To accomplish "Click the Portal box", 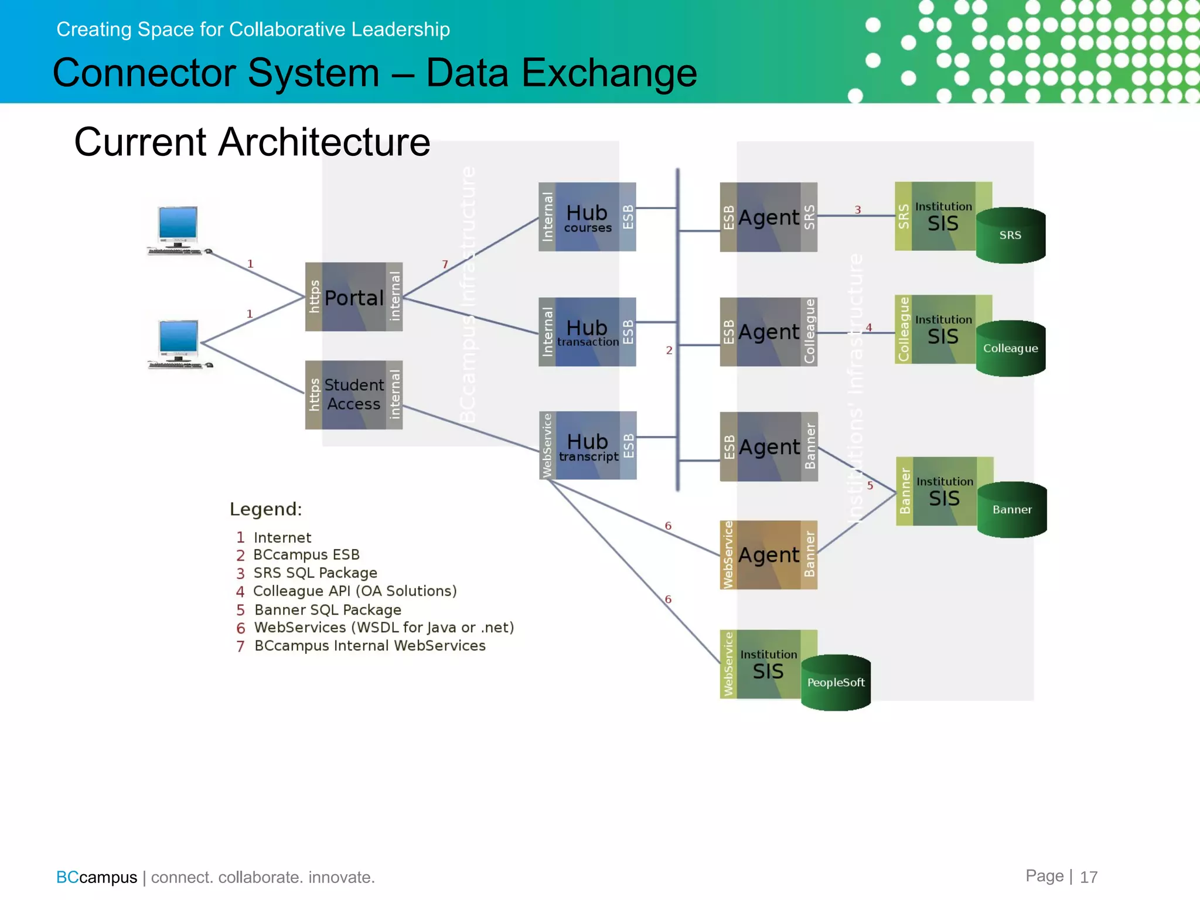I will (353, 297).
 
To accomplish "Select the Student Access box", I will (353, 394).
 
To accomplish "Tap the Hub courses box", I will (587, 217).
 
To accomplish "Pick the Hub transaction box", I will (587, 332).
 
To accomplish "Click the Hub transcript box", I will (588, 445).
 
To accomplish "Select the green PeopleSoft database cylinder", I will (836, 682).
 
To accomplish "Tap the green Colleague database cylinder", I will (1010, 348).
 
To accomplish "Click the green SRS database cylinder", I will (1010, 235).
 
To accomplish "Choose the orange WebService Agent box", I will (768, 554).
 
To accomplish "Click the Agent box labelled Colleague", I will (768, 332).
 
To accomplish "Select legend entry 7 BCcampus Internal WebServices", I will (361, 646).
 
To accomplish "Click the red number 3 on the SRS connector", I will (857, 210).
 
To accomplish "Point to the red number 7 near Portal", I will (445, 264).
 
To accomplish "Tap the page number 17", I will (1088, 877).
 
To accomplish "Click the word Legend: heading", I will (265, 509).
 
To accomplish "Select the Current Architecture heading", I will (252, 142).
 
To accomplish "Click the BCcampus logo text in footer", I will (96, 877).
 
